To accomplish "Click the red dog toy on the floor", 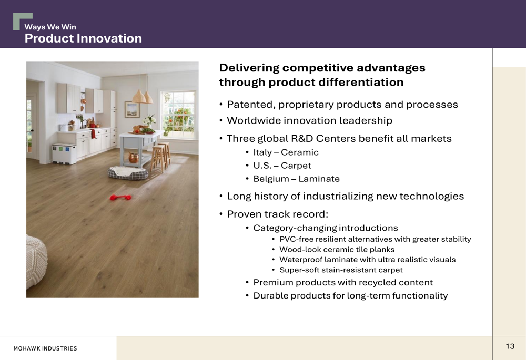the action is click(x=121, y=198).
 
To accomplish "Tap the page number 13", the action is click(x=510, y=346).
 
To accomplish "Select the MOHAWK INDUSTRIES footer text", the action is click(x=45, y=348).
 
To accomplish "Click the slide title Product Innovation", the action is click(x=83, y=38).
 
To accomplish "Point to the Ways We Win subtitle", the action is click(x=50, y=27).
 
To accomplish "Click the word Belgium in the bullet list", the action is click(x=271, y=179).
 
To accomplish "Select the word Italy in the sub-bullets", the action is click(x=262, y=152).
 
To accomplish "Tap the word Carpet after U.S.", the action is click(x=296, y=166).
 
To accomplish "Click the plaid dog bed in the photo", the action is click(x=127, y=173).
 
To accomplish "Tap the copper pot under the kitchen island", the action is click(x=134, y=157).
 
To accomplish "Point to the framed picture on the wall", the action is click(x=132, y=110).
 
